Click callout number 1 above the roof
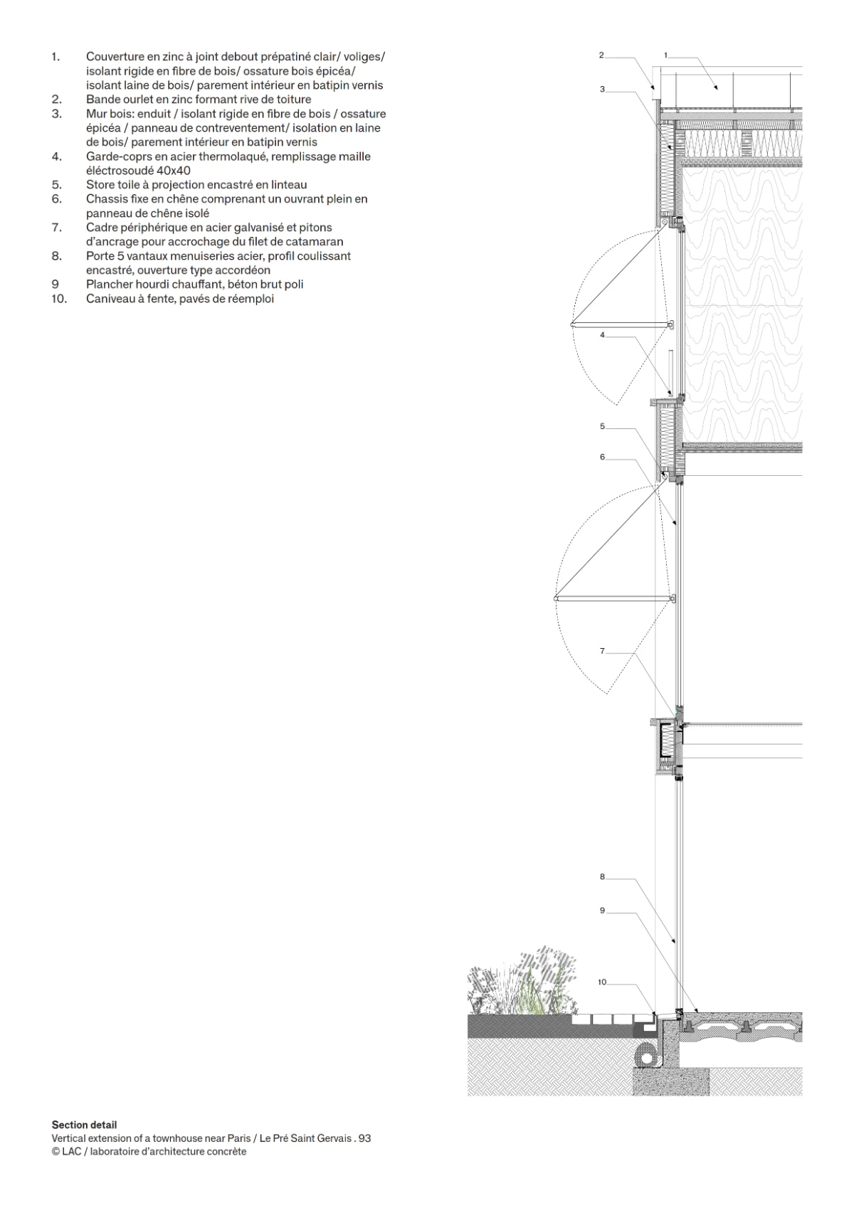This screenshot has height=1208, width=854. (665, 55)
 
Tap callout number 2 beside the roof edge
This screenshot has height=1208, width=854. (601, 55)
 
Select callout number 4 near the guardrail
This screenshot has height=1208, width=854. (603, 335)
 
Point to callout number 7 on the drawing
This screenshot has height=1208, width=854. (603, 651)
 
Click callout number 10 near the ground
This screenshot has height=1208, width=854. (602, 982)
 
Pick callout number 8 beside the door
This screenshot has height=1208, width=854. (603, 877)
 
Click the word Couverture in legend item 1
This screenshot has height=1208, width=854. (115, 57)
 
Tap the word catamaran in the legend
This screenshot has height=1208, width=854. (315, 242)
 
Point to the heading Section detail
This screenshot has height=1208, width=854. (84, 1125)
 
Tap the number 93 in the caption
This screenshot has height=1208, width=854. (364, 1138)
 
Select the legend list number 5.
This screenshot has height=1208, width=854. (57, 185)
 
